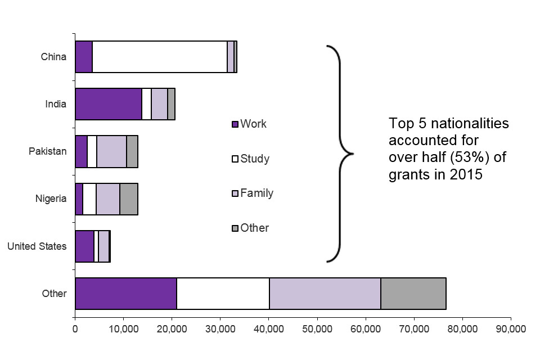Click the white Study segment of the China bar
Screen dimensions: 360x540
tap(159, 57)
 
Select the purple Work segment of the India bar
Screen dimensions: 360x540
tap(108, 104)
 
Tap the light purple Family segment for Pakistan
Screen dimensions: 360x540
tap(111, 151)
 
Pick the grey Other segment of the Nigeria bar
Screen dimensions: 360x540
tap(129, 199)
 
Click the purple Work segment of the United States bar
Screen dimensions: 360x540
tap(84, 246)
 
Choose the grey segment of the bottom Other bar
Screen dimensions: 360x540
tap(413, 293)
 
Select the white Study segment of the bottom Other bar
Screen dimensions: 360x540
tap(223, 293)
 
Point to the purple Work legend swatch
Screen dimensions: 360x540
tap(235, 124)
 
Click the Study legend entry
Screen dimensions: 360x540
tap(254, 159)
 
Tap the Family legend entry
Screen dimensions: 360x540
tap(256, 193)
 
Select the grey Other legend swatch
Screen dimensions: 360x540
tap(235, 228)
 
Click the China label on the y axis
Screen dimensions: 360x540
tap(53, 57)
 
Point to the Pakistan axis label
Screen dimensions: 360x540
tap(48, 151)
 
